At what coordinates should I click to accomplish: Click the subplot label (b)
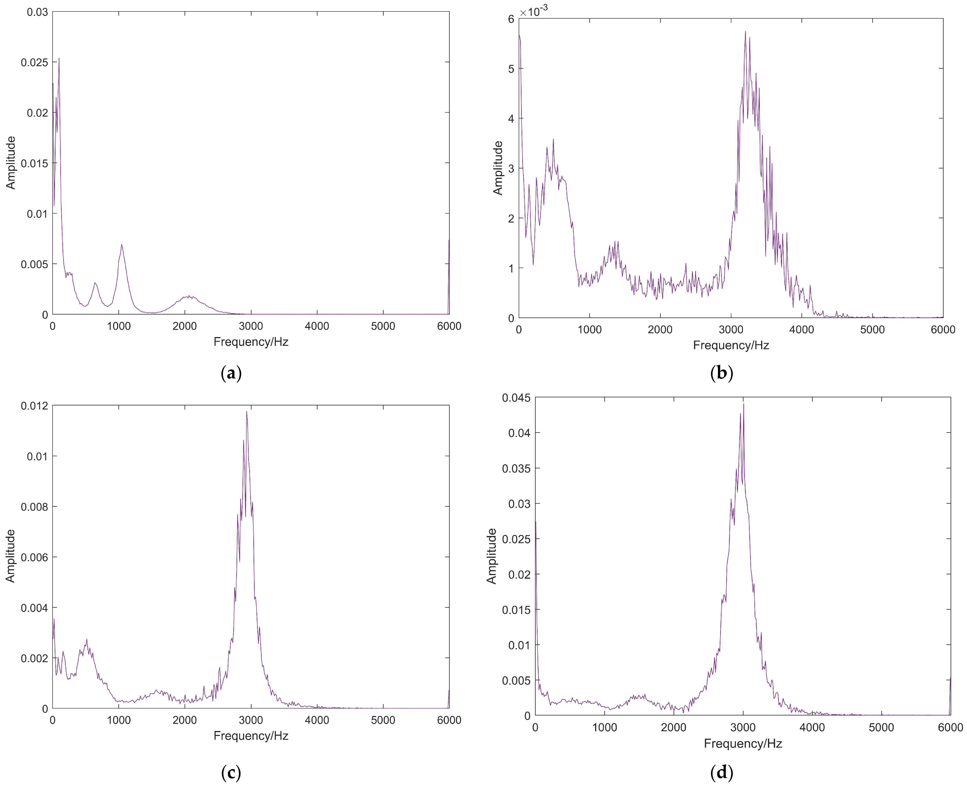pos(722,373)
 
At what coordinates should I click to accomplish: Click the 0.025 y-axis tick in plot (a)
pos(34,62)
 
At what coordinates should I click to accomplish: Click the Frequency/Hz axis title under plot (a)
pos(251,342)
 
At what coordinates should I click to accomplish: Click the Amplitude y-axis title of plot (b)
pos(498,168)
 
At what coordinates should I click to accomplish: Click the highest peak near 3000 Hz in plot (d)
pos(743,404)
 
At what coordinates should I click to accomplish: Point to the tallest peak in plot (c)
pos(246,412)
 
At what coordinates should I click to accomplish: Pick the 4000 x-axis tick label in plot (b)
pos(802,330)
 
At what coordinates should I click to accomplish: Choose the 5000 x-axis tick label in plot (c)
pos(383,720)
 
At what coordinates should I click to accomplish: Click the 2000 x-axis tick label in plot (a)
pos(184,326)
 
